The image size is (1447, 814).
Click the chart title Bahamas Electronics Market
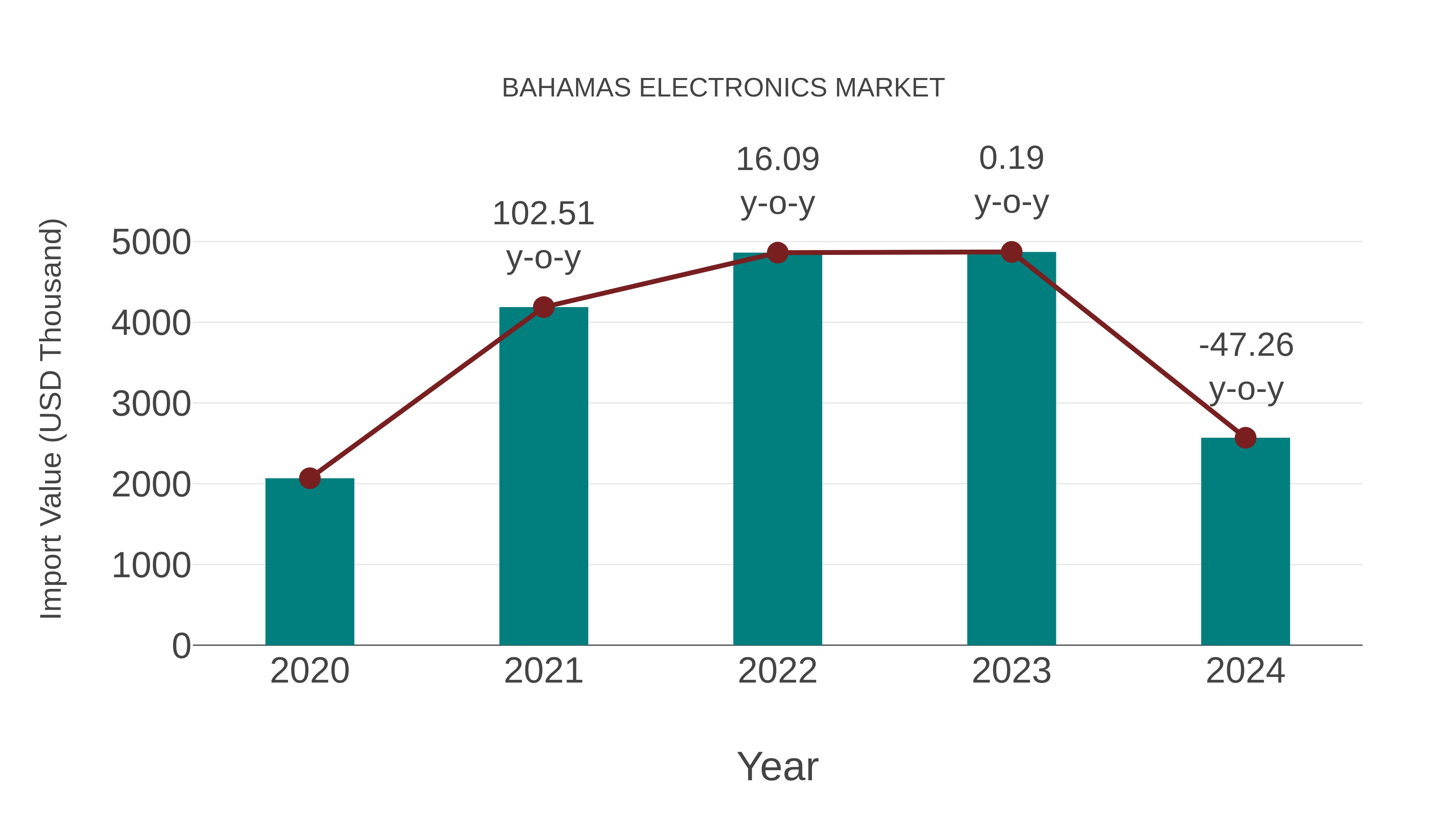(723, 88)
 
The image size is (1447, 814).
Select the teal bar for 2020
(309, 562)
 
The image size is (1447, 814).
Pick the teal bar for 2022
(777, 449)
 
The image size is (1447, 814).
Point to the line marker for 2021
(543, 307)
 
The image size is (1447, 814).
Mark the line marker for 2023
(1011, 252)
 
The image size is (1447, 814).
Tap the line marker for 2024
(1245, 438)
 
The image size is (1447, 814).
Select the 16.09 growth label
(777, 160)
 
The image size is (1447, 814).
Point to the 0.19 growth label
(1011, 158)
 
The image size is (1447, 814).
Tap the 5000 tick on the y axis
(151, 243)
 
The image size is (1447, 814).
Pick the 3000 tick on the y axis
(151, 404)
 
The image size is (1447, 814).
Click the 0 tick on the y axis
(181, 646)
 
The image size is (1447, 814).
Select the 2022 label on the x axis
(777, 671)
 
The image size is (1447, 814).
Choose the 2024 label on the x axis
(1245, 671)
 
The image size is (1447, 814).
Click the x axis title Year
(777, 766)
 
